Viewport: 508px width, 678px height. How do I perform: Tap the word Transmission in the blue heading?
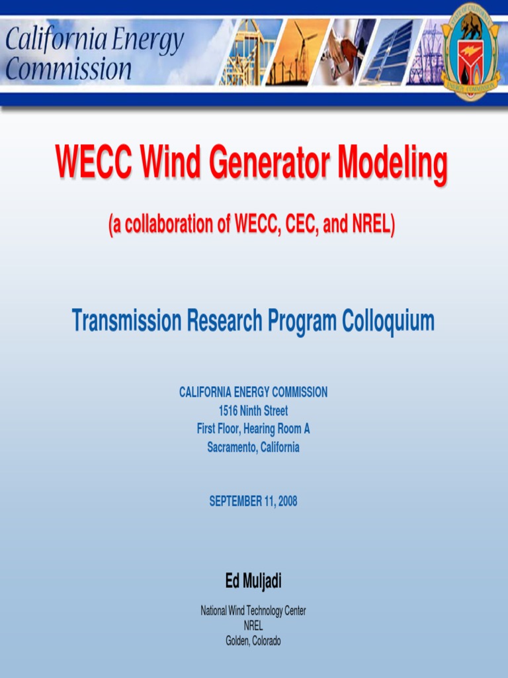pyautogui.click(x=126, y=321)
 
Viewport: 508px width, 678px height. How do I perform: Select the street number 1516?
pyautogui.click(x=228, y=411)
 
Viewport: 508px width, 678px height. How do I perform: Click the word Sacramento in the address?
pyautogui.click(x=231, y=448)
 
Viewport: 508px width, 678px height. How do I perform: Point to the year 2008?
pyautogui.click(x=288, y=502)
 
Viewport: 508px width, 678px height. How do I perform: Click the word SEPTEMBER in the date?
pyautogui.click(x=235, y=502)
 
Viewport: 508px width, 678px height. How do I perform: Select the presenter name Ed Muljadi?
pyautogui.click(x=253, y=581)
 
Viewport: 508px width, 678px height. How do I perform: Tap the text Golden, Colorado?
pyautogui.click(x=253, y=641)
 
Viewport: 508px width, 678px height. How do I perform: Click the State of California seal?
pyautogui.click(x=470, y=52)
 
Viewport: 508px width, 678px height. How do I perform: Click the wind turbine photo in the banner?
pyautogui.click(x=298, y=52)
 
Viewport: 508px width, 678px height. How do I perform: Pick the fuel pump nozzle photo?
pyautogui.click(x=344, y=52)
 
